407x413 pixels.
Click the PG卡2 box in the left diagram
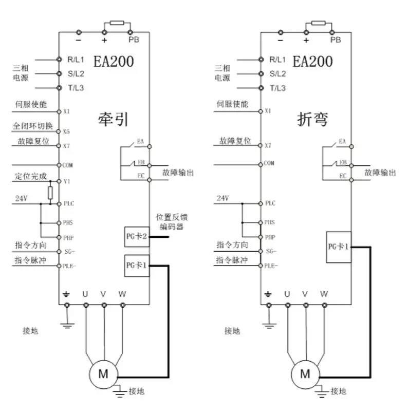point(137,237)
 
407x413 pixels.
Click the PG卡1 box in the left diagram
point(137,265)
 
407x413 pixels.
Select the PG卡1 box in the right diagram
point(339,247)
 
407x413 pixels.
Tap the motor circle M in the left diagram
point(103,373)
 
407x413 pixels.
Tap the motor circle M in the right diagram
point(305,373)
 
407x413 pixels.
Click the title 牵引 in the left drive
point(113,119)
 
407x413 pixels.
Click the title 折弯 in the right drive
point(313,119)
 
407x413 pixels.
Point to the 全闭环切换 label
point(32,126)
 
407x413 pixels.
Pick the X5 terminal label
point(66,132)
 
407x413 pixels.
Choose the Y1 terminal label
point(66,182)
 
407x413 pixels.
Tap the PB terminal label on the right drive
point(336,40)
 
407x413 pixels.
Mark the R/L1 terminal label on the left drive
point(76,60)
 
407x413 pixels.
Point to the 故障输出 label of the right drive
point(380,173)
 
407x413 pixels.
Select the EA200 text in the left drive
point(113,62)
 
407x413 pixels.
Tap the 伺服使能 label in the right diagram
point(233,104)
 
